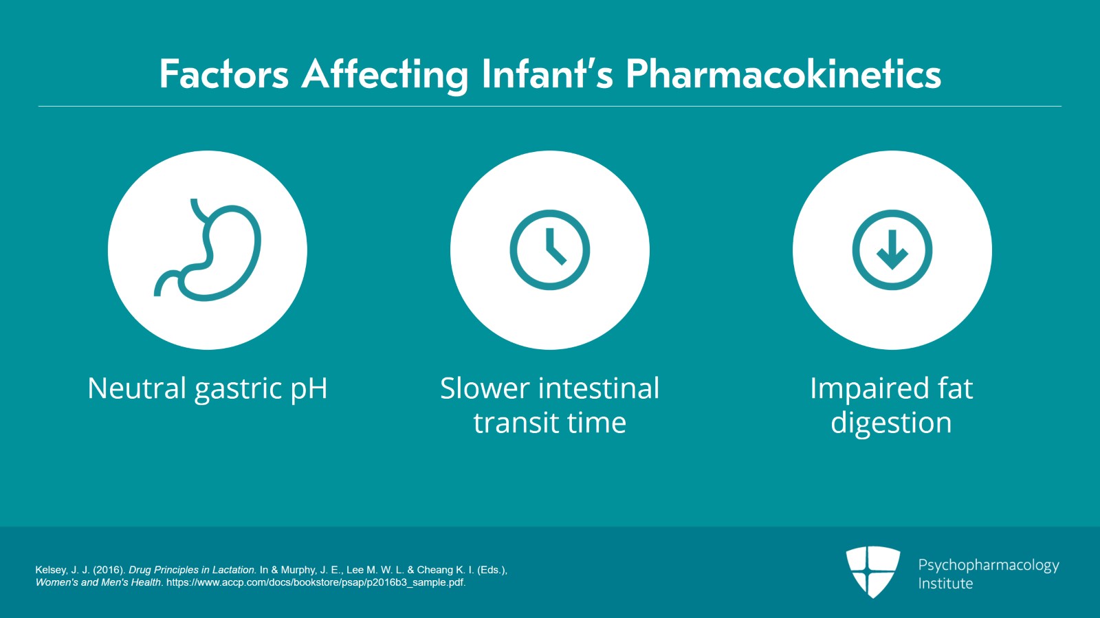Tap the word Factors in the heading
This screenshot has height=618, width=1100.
(x=223, y=74)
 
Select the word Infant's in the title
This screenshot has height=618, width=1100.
(x=547, y=74)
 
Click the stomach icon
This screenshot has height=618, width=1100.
(x=208, y=250)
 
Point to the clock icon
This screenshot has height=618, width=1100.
(x=550, y=250)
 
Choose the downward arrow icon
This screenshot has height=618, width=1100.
(x=892, y=250)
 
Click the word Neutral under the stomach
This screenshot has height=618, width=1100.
(x=137, y=388)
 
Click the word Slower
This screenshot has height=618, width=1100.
(x=481, y=388)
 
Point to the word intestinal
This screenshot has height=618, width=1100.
(x=595, y=388)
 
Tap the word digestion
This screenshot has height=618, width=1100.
(x=891, y=423)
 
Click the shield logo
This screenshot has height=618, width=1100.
(x=872, y=571)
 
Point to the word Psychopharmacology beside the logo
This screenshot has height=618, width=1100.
(x=989, y=565)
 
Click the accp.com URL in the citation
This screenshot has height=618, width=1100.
(x=316, y=582)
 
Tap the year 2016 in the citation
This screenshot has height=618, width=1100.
(x=108, y=570)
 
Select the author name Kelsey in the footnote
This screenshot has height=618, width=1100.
(x=51, y=570)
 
